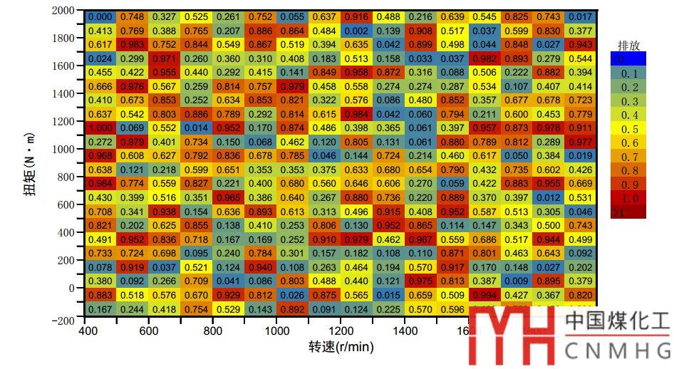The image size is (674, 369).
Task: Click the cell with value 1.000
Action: [100, 128]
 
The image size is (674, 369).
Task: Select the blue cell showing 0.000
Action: [100, 17]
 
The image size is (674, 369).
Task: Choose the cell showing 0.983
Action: [133, 45]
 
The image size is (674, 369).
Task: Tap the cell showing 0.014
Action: [197, 128]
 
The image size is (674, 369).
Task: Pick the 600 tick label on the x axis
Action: [148, 331]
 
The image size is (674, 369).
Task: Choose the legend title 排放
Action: [628, 46]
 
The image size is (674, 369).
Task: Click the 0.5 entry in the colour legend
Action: [628, 129]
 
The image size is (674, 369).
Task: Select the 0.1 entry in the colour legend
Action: [628, 73]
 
